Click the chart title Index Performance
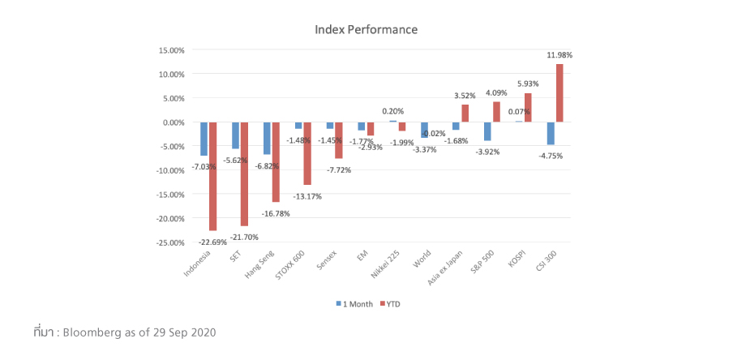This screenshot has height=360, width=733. pyautogui.click(x=366, y=30)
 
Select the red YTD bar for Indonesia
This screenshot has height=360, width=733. pyautogui.click(x=212, y=176)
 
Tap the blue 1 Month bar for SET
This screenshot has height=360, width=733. pyautogui.click(x=236, y=135)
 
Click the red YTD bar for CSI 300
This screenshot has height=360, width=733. pyautogui.click(x=559, y=93)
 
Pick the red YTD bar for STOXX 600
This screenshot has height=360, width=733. pyautogui.click(x=307, y=153)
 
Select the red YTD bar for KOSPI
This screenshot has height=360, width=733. pyautogui.click(x=528, y=108)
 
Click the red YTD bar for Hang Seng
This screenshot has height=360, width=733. pyautogui.click(x=276, y=162)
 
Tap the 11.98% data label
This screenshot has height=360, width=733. pyautogui.click(x=560, y=55)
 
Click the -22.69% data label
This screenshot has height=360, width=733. pyautogui.click(x=213, y=241)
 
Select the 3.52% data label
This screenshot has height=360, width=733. pyautogui.click(x=465, y=96)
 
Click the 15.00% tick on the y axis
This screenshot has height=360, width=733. pyautogui.click(x=171, y=50)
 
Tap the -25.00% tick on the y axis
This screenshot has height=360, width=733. pyautogui.click(x=169, y=242)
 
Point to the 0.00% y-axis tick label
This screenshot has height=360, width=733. pyautogui.click(x=173, y=122)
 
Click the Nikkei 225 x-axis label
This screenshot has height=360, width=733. pyautogui.click(x=384, y=266)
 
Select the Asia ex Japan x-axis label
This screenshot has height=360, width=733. pyautogui.click(x=446, y=268)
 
